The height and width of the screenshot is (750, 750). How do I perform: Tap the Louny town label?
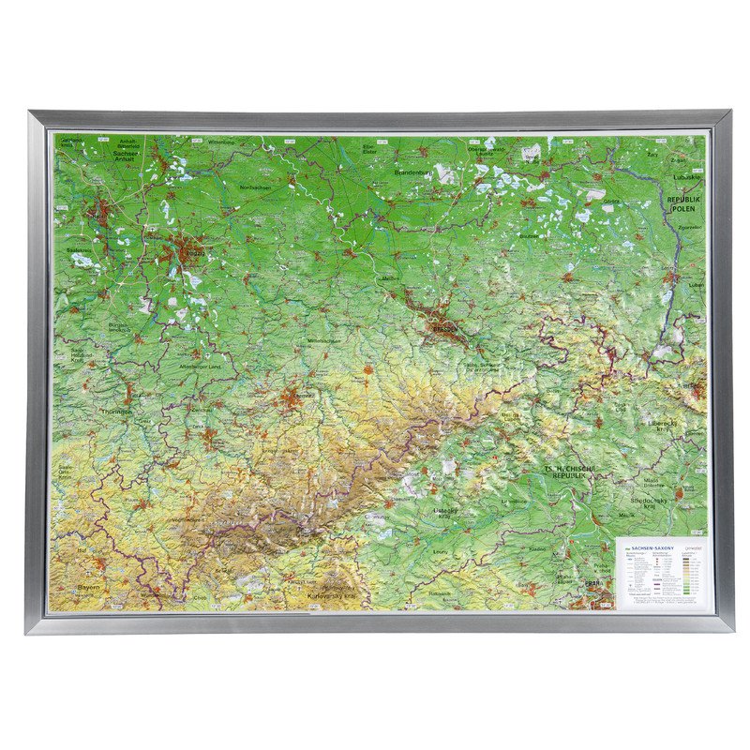pos(441,564)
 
